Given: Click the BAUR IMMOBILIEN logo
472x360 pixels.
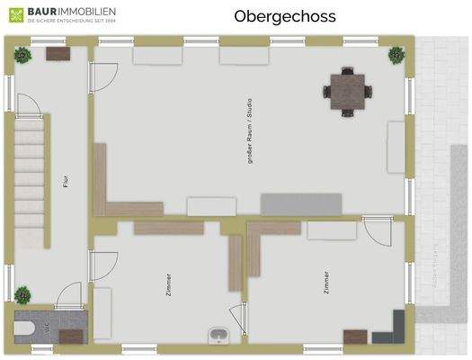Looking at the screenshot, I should pyautogui.click(x=63, y=15).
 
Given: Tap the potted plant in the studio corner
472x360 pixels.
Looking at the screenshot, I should pyautogui.click(x=395, y=55).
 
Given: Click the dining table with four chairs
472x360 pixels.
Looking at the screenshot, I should pyautogui.click(x=347, y=90).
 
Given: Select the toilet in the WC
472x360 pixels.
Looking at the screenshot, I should pyautogui.click(x=36, y=327).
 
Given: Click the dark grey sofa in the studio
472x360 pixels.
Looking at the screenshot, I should pyautogui.click(x=300, y=203).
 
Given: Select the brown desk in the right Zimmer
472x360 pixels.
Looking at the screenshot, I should pyautogui.click(x=355, y=337).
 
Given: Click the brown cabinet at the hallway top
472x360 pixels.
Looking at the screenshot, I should pyautogui.click(x=58, y=53).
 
